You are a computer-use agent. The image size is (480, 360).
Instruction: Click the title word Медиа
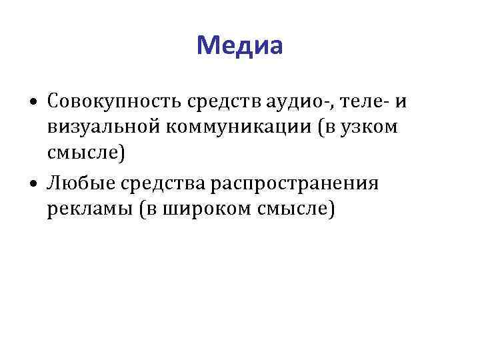pos(240,45)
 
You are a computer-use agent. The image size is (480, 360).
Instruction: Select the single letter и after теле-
pos(400,101)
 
